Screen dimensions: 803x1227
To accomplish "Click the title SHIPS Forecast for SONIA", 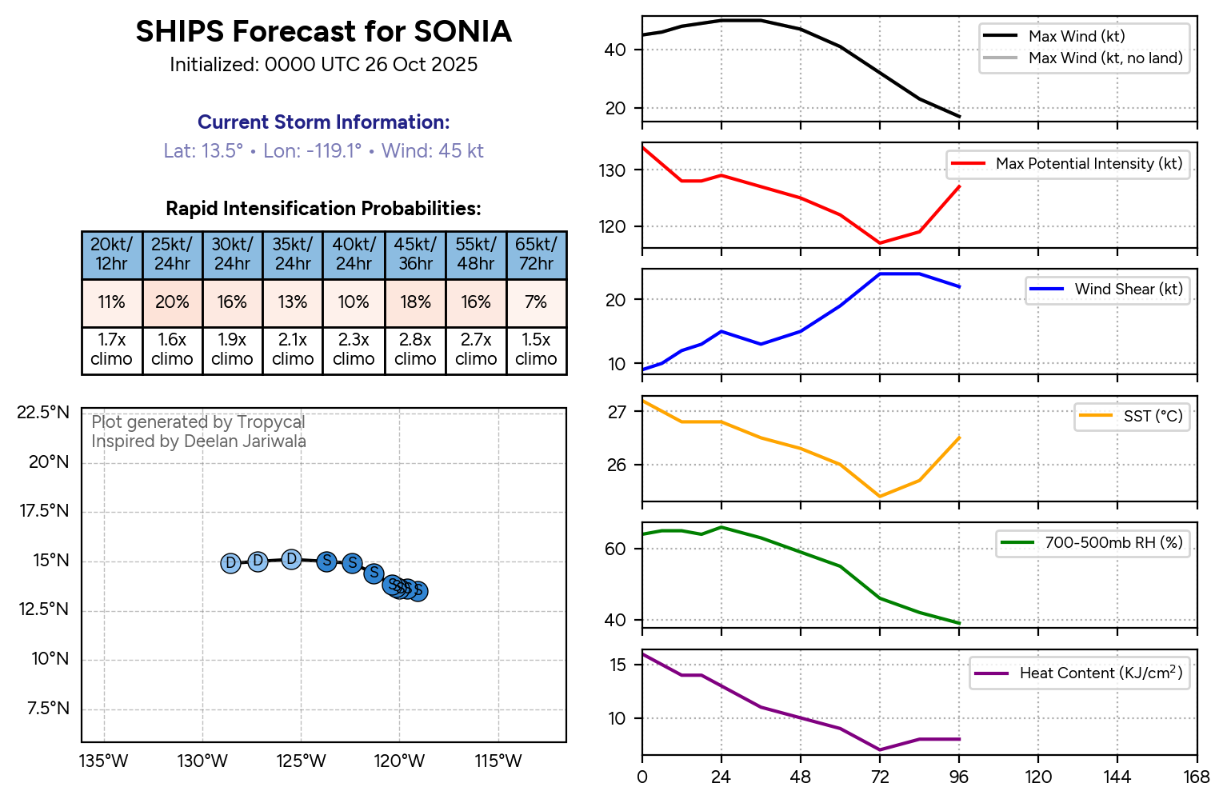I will [323, 32].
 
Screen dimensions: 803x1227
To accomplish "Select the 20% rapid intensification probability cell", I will [172, 302].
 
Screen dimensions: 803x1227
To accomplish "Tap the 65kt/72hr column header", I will [536, 254].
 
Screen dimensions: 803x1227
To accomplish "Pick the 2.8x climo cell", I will [415, 350].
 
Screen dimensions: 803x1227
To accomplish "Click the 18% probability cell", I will [415, 302].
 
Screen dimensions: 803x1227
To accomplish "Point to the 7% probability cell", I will [536, 302].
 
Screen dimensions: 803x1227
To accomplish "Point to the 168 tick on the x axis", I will [1197, 777].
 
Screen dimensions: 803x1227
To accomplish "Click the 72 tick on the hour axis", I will [880, 777].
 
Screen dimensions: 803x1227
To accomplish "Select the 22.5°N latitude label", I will [43, 413].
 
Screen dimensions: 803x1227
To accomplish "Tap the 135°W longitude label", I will [104, 761].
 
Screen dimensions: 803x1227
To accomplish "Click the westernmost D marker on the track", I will [230, 563].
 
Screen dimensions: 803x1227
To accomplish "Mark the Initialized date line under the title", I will [323, 65].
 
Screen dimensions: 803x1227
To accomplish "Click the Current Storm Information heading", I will [323, 122].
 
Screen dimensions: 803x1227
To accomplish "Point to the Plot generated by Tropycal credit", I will [198, 422].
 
